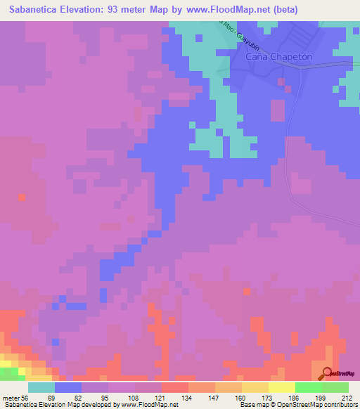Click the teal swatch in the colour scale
point(41,387)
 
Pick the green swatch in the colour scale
point(308,387)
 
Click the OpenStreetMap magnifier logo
point(328,373)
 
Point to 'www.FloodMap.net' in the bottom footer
point(149,405)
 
